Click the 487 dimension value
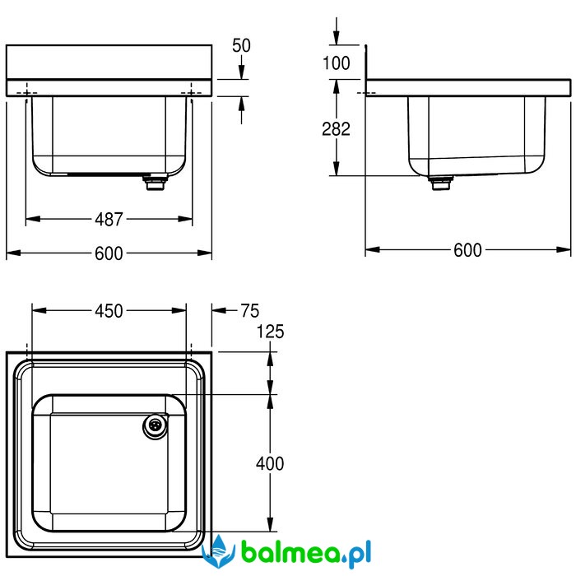pyautogui.click(x=109, y=220)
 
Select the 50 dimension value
pyautogui.click(x=241, y=45)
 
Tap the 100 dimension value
pyautogui.click(x=336, y=63)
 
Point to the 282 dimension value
pyautogui.click(x=336, y=129)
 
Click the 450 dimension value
pyautogui.click(x=109, y=311)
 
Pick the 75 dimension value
pyautogui.click(x=250, y=311)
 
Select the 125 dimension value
pyautogui.click(x=270, y=332)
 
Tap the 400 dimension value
pyautogui.click(x=270, y=463)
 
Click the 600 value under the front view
pyautogui.click(x=109, y=253)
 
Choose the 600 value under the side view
pyautogui.click(x=467, y=250)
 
